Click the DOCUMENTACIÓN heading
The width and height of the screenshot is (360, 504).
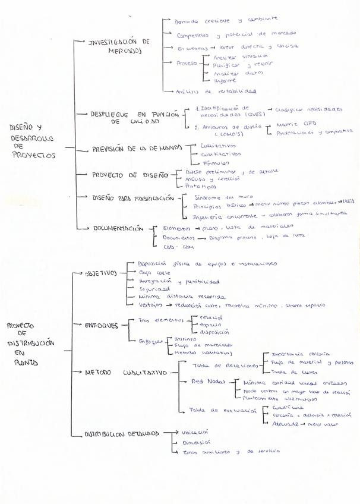coord(118,228)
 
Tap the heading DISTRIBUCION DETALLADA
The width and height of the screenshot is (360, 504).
coord(121,434)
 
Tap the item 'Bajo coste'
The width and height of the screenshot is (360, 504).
coord(151,272)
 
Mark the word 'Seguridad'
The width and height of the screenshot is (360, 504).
coord(153,289)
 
